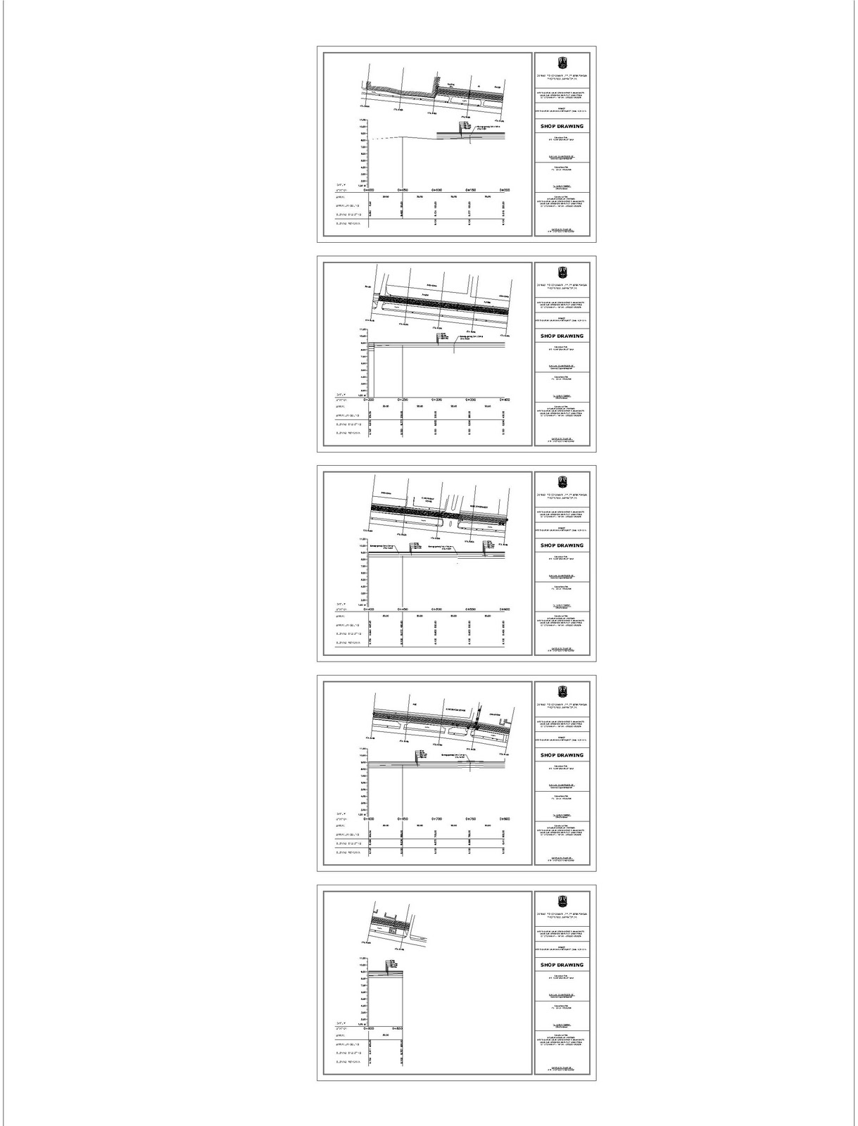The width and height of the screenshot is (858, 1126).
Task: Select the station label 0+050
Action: click(402, 190)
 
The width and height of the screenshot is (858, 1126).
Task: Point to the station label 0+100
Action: click(436, 190)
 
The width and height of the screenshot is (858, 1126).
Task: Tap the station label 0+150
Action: click(469, 190)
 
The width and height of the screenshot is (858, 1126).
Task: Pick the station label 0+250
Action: click(402, 400)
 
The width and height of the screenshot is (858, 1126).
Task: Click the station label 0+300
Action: click(436, 400)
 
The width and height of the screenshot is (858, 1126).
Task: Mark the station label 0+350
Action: click(469, 400)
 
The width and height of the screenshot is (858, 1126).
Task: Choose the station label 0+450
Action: click(402, 609)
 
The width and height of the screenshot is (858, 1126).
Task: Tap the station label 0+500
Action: click(436, 609)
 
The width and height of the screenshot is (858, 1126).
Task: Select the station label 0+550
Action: click(469, 609)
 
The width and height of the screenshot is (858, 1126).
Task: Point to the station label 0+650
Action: click(402, 819)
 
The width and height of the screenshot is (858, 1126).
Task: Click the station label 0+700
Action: click(436, 819)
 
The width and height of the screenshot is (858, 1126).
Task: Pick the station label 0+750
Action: click(469, 819)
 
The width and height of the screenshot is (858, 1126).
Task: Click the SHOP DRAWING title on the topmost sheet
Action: click(562, 127)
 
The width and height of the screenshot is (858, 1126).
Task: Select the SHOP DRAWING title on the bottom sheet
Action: click(562, 965)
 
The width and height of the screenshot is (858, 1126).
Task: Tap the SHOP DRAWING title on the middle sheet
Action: click(562, 545)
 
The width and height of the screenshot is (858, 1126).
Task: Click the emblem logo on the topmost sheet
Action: click(562, 62)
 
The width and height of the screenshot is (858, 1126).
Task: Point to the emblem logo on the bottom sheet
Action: click(562, 900)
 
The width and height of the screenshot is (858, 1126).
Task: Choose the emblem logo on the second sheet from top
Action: click(562, 272)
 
